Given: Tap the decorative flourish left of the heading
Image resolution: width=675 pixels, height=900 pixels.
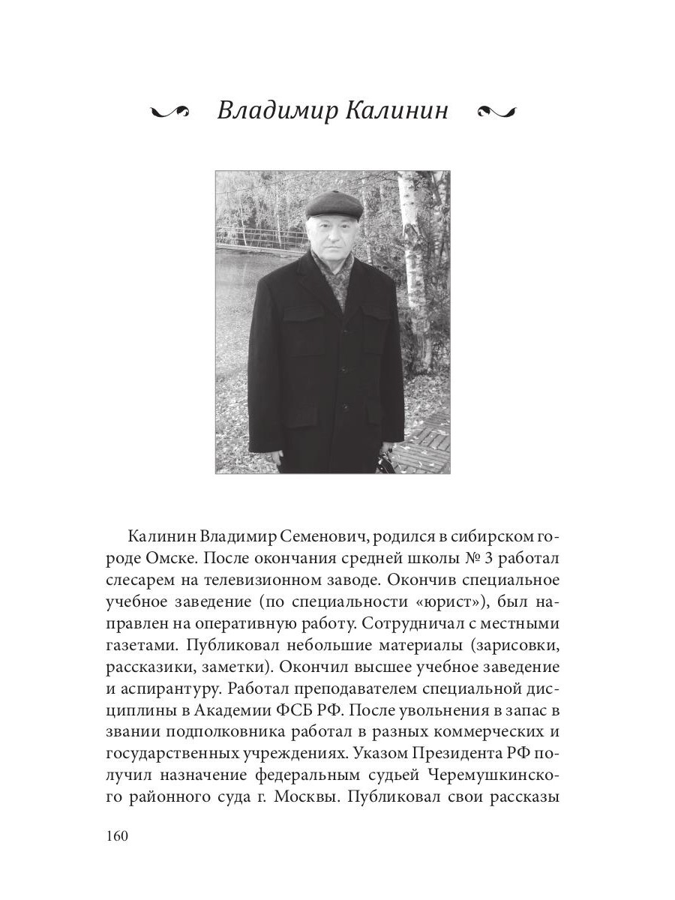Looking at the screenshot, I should pos(172,112).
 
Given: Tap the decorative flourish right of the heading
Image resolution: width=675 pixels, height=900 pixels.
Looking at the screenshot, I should pos(496,112).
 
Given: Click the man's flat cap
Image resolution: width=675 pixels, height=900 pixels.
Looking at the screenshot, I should pos(335,202).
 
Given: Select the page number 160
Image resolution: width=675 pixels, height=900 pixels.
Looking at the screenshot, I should pos(118,836).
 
